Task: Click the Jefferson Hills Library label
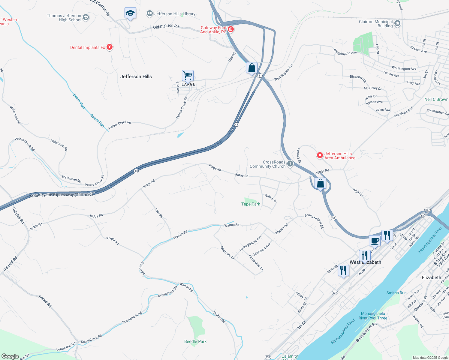[175, 14]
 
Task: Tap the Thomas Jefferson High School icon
[86, 17]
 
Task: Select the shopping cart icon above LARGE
[188, 75]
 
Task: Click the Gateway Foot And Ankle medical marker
[231, 29]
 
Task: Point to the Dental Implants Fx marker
[110, 47]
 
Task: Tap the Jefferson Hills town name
[136, 76]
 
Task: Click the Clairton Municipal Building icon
[397, 23]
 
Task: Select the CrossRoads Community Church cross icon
[290, 163]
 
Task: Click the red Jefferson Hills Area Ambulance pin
[320, 155]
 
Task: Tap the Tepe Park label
[251, 204]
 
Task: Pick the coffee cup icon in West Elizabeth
[375, 240]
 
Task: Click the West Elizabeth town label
[365, 262]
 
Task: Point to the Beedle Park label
[195, 341]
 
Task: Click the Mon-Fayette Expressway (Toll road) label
[62, 195]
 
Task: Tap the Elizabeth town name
[431, 277]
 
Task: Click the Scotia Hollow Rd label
[314, 221]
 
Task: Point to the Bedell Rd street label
[45, 301]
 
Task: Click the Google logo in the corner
[10, 356]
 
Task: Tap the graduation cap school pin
[130, 13]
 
